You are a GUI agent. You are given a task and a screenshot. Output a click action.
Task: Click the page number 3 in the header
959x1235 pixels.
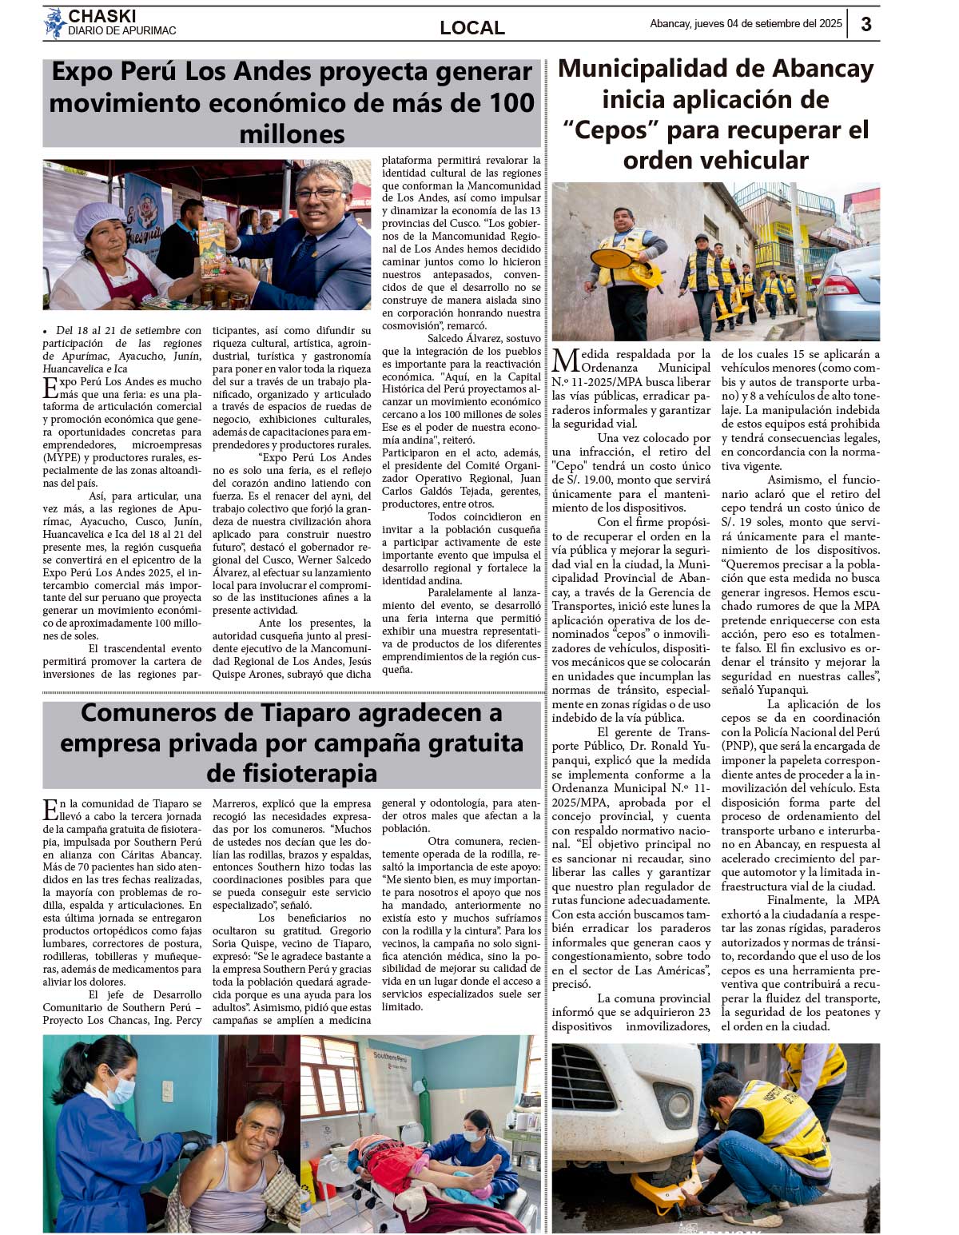click(x=866, y=24)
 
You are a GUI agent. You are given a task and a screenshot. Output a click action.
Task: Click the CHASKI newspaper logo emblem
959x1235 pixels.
click(x=54, y=23)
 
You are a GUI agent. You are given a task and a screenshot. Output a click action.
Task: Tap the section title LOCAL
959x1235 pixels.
click(x=472, y=28)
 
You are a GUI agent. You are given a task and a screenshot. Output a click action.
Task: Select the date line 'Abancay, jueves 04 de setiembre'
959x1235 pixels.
click(x=745, y=24)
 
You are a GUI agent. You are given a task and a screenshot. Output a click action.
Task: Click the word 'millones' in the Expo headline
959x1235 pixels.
click(x=292, y=133)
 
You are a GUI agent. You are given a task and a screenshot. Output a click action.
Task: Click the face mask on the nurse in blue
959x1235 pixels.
click(x=121, y=1088)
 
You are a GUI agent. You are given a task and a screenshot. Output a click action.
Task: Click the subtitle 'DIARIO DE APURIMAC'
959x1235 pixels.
click(x=122, y=31)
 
